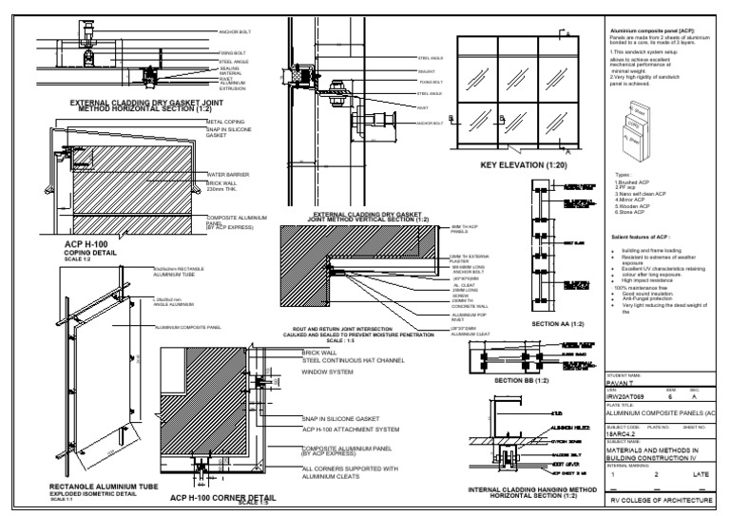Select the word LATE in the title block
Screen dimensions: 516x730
click(x=702, y=473)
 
